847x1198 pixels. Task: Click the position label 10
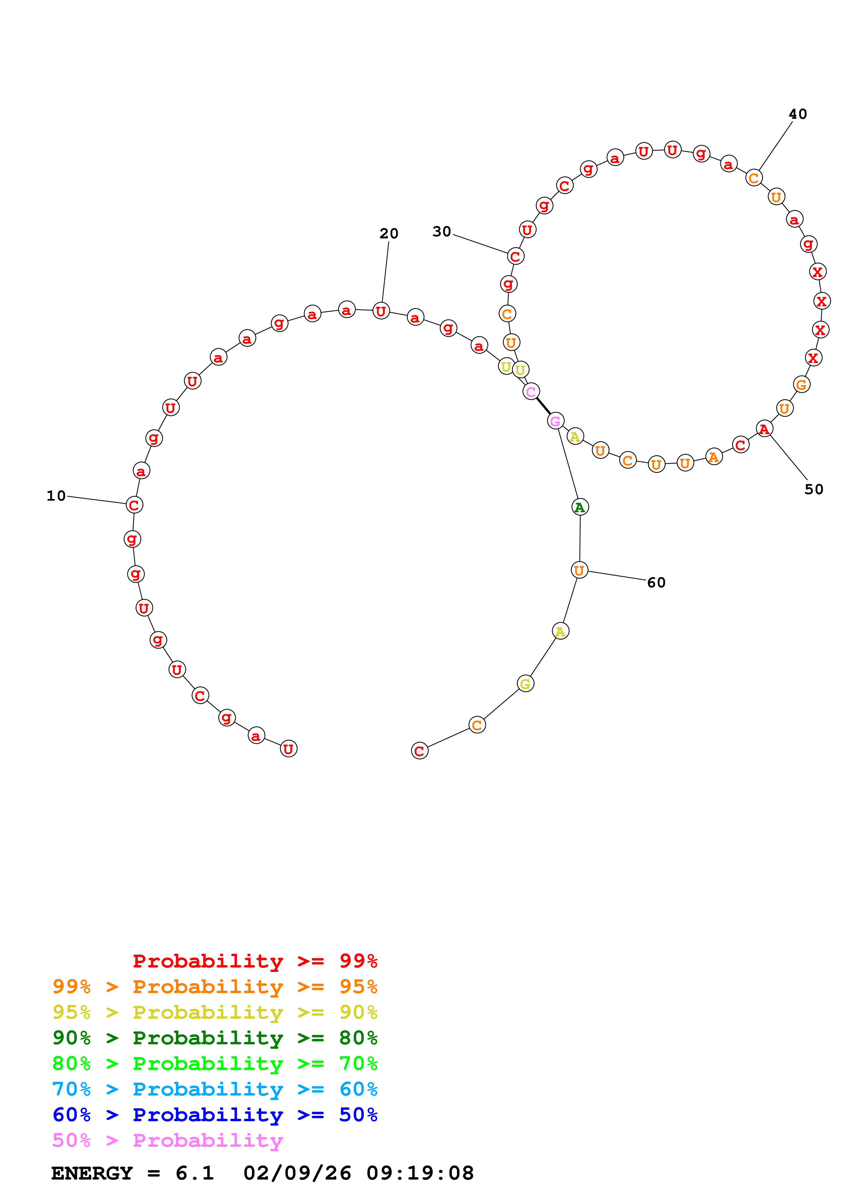[x=56, y=496]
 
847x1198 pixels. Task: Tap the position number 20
[x=389, y=233]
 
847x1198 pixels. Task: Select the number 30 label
[x=441, y=231]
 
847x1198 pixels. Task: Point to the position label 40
[x=797, y=114]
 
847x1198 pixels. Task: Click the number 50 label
[x=814, y=489]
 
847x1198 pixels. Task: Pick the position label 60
[x=656, y=582]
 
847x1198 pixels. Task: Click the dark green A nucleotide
[x=580, y=507]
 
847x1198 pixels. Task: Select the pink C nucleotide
[x=531, y=391]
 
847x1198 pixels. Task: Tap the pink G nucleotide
[x=555, y=420]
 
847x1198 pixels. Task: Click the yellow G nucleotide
[x=525, y=684]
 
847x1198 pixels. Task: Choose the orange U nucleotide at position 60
[x=579, y=570]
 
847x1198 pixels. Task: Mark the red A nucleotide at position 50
[x=764, y=429]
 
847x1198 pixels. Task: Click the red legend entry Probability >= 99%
[x=255, y=961]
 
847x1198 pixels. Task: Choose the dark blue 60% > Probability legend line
[x=215, y=1115]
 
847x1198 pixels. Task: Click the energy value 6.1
[x=195, y=1173]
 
